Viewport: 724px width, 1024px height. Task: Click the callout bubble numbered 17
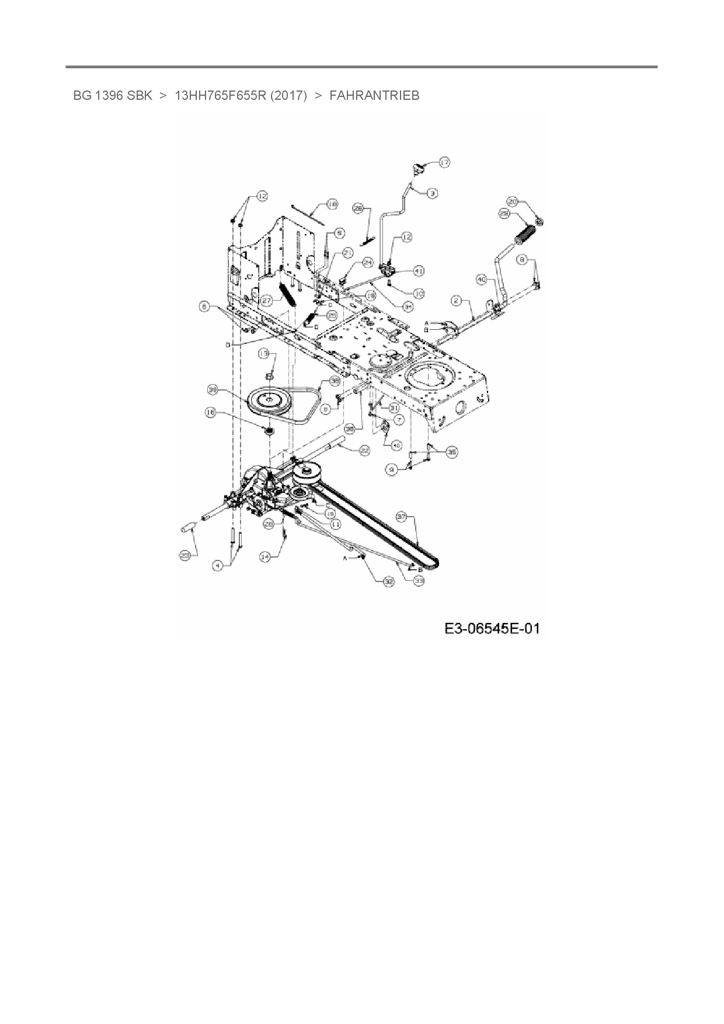click(445, 162)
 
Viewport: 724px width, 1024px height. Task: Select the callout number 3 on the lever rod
click(432, 193)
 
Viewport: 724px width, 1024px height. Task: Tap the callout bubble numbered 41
click(419, 271)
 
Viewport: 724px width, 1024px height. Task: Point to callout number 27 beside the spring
click(267, 300)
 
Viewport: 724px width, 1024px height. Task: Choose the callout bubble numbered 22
click(364, 450)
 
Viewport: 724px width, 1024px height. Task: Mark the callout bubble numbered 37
click(402, 517)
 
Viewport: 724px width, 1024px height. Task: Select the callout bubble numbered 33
click(419, 580)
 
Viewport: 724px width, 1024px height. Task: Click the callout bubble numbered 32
click(389, 581)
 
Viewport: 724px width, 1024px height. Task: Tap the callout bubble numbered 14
click(266, 557)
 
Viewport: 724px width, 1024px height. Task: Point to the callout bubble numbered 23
click(185, 556)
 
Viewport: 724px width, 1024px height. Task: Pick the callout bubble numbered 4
click(218, 565)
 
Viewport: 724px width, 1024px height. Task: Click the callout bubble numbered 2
click(457, 301)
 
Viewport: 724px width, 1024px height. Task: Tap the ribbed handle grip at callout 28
click(525, 239)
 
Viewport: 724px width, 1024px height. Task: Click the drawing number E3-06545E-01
click(492, 628)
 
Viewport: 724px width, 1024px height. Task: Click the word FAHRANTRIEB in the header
click(374, 95)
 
